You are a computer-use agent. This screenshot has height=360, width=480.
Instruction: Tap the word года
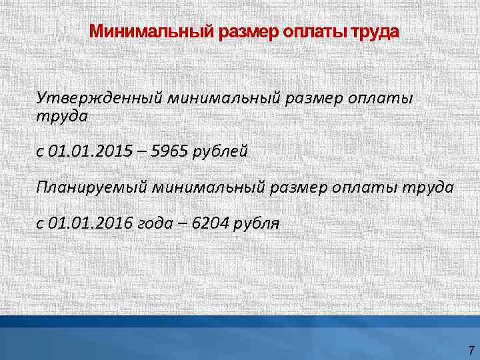(155, 223)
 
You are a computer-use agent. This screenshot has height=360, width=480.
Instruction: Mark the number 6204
(210, 223)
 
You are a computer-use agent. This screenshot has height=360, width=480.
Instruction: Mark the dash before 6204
(182, 223)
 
